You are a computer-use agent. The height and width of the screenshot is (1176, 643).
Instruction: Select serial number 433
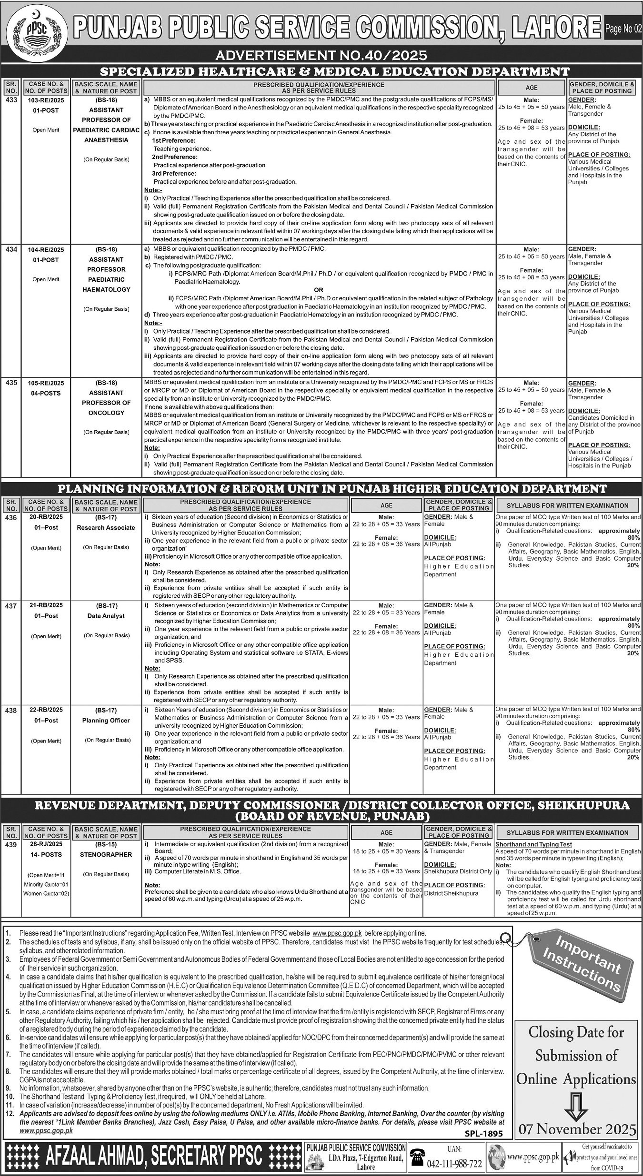[x=11, y=100]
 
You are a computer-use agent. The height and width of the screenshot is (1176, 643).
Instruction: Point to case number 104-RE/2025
[x=46, y=249]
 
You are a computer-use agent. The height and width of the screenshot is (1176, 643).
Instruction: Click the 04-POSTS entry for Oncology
[x=46, y=393]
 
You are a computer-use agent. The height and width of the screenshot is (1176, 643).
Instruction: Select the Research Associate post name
[x=106, y=527]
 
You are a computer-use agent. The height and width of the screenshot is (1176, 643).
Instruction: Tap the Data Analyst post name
[x=106, y=616]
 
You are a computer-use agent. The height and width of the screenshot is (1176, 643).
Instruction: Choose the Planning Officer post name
[x=106, y=721]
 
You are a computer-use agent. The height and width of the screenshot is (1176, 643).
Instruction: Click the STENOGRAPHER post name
[x=106, y=854]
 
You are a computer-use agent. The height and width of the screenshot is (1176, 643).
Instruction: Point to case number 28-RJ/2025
[x=46, y=844]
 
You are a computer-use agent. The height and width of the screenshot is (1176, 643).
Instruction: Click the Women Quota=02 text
[x=46, y=893]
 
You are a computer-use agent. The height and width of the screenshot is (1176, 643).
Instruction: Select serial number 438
[x=11, y=711]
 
